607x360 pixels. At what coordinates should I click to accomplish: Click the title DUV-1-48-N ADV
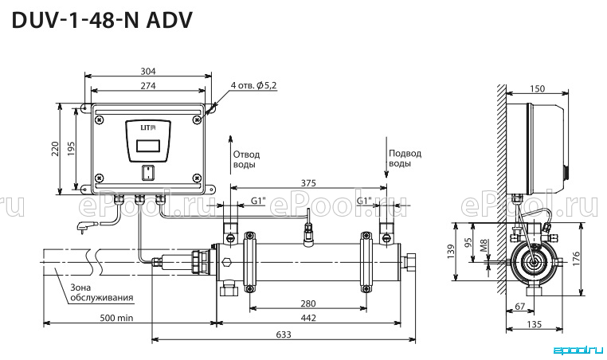pyautogui.click(x=102, y=21)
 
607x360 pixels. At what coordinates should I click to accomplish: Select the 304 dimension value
pyautogui.click(x=148, y=71)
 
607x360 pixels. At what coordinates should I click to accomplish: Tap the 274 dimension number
pyautogui.click(x=148, y=85)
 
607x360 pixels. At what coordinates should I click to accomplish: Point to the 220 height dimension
pyautogui.click(x=55, y=149)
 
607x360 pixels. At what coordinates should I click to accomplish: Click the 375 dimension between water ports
pyautogui.click(x=308, y=182)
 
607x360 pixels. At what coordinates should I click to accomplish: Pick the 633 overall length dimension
pyautogui.click(x=284, y=334)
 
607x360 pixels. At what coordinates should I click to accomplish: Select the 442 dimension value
pyautogui.click(x=308, y=318)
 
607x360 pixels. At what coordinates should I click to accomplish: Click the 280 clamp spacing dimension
pyautogui.click(x=308, y=303)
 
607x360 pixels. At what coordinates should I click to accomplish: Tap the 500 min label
pyautogui.click(x=116, y=318)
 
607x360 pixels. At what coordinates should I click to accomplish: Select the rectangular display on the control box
pyautogui.click(x=148, y=146)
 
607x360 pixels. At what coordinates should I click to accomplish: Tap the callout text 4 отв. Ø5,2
pyautogui.click(x=253, y=85)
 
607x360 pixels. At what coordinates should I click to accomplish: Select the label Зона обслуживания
pyautogui.click(x=102, y=292)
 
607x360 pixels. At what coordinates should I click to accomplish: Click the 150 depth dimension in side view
pyautogui.click(x=537, y=88)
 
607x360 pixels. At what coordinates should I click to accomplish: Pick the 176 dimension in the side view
pyautogui.click(x=576, y=259)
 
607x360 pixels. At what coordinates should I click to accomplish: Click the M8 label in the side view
pyautogui.click(x=484, y=245)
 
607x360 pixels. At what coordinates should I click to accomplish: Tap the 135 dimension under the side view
pyautogui.click(x=535, y=324)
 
